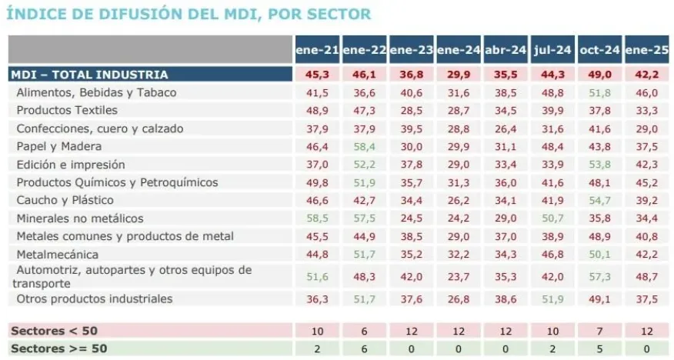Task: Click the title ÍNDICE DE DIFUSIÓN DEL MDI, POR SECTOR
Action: [189, 13]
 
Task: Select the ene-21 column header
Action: [317, 50]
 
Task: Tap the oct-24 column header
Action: [599, 50]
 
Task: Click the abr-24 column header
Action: [505, 50]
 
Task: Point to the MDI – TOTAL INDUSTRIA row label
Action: [88, 75]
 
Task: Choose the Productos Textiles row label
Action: [67, 110]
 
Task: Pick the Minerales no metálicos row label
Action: [80, 218]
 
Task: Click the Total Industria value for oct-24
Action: [599, 75]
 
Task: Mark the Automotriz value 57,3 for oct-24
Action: [599, 276]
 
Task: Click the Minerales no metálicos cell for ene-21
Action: [317, 218]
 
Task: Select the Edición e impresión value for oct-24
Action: [599, 164]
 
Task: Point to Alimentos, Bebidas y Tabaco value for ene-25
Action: [647, 92]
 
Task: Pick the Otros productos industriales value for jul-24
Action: [552, 298]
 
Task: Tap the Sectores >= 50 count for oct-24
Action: [599, 348]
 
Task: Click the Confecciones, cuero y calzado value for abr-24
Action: [505, 128]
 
